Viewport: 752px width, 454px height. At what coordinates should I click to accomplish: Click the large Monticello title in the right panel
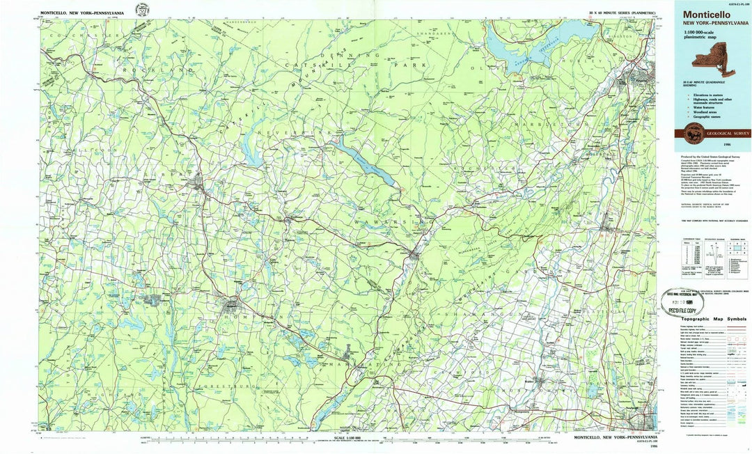tap(706, 14)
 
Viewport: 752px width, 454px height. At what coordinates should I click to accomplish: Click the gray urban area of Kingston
tap(641, 75)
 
